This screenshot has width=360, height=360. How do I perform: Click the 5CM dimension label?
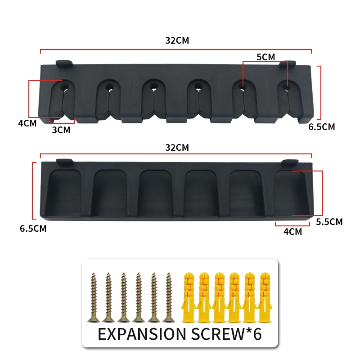265,57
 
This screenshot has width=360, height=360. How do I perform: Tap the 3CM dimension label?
61,130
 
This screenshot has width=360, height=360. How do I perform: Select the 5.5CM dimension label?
329,222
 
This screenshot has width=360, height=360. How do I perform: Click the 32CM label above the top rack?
177,40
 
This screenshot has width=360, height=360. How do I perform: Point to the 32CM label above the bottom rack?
177,148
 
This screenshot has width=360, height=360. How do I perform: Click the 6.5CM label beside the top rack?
321,127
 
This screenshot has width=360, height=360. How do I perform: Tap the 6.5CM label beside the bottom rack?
33,229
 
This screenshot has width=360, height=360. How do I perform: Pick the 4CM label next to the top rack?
27,123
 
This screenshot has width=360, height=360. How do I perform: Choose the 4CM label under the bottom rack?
293,232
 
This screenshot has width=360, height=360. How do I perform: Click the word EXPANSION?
142,334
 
